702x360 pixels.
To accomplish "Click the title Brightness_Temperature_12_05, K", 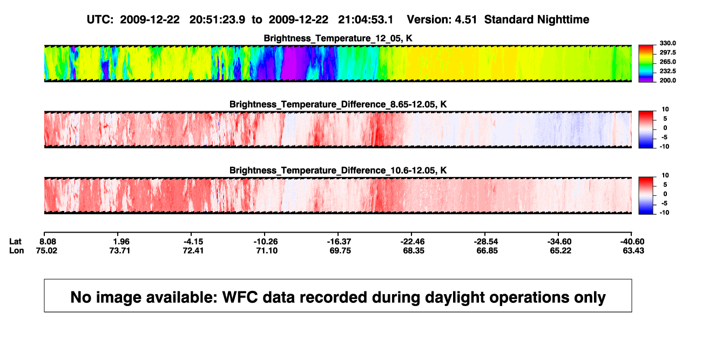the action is point(338,38).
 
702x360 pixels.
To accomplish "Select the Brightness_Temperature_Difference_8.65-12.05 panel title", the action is point(338,104).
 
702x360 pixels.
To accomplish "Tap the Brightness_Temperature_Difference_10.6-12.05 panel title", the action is point(338,171).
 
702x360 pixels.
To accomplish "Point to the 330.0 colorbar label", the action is point(667,43).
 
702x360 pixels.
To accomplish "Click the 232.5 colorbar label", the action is point(667,71).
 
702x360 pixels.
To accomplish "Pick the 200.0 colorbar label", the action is point(667,80).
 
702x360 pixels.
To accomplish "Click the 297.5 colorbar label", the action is point(667,53).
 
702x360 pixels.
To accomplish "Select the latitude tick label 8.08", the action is point(48,242).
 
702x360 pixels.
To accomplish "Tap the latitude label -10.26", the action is point(266,242).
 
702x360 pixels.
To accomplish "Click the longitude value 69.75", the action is point(340,250).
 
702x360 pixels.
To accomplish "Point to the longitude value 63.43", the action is point(633,250).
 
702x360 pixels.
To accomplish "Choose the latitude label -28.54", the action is point(486,242).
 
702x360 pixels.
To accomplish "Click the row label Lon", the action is point(17,250).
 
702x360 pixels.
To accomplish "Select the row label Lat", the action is point(15,242).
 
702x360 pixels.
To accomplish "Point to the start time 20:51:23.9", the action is point(217,20).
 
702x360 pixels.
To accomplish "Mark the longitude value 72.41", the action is point(193,250).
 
